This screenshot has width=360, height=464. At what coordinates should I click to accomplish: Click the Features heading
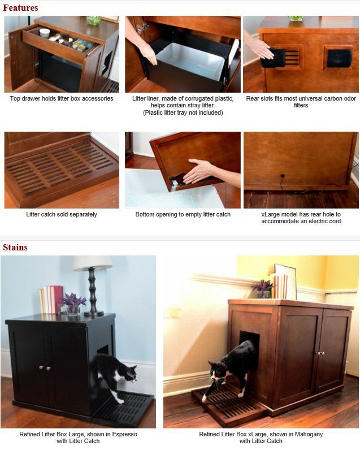(x=20, y=8)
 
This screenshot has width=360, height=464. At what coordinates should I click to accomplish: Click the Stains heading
(x=15, y=248)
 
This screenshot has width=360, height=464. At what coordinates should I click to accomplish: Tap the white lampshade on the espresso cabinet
(x=93, y=263)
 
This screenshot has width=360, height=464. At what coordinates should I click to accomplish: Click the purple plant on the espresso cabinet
(x=73, y=302)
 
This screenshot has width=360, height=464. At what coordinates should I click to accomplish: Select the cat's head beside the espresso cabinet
(x=130, y=374)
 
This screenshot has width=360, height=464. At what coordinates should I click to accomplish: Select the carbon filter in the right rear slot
(x=339, y=58)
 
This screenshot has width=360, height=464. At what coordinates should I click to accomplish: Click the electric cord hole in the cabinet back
(x=283, y=176)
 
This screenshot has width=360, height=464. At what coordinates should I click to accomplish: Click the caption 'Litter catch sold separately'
(x=62, y=214)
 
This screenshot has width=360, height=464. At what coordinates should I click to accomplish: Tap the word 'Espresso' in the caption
(x=124, y=434)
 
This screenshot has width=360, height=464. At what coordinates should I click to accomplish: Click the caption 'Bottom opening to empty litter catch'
(x=183, y=214)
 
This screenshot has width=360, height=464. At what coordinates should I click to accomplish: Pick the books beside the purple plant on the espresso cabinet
(x=51, y=300)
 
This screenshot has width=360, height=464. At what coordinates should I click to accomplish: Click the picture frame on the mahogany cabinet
(x=285, y=281)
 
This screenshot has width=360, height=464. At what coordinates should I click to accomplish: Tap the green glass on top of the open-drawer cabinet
(x=94, y=20)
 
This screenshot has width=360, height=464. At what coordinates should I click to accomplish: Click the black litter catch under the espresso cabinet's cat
(x=124, y=409)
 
